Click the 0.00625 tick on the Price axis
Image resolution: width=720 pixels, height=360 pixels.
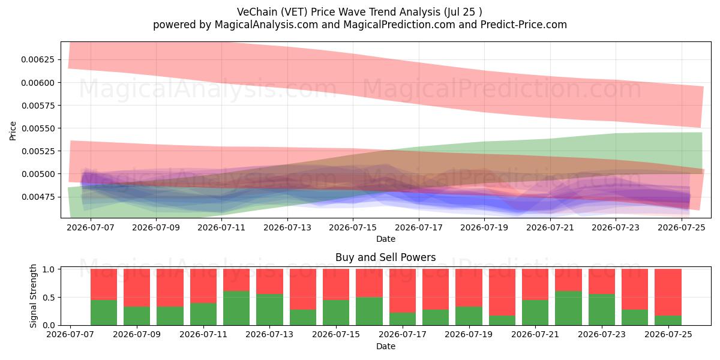[x=37, y=60]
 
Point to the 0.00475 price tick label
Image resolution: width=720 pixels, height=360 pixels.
[x=37, y=197]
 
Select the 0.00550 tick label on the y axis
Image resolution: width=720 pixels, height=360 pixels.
[x=37, y=128]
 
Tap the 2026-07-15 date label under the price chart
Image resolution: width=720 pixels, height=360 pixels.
[x=353, y=228]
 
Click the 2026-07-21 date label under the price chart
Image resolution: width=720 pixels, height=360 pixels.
[x=550, y=228]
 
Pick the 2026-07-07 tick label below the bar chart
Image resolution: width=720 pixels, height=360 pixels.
[x=70, y=335]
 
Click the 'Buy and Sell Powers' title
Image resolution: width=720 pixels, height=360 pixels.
[x=385, y=257]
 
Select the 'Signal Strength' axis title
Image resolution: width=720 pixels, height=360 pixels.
[x=33, y=296]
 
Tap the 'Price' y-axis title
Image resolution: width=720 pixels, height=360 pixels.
[x=13, y=131]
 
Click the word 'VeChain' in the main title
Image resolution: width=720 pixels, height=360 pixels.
[x=257, y=12]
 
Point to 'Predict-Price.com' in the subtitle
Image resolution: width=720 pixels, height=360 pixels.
[x=524, y=25]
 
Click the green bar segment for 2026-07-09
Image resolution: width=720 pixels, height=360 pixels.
[x=137, y=316]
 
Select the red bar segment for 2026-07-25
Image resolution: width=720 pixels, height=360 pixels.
[x=668, y=292]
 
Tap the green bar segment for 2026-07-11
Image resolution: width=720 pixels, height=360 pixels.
[x=203, y=314]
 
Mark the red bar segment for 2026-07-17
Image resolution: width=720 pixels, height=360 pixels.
[x=403, y=291]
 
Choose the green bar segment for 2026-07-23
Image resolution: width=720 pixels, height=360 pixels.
[x=602, y=310]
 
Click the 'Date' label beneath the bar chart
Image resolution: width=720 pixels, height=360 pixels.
[x=385, y=346]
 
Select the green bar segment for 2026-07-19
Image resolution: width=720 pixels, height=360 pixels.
[x=469, y=316]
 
